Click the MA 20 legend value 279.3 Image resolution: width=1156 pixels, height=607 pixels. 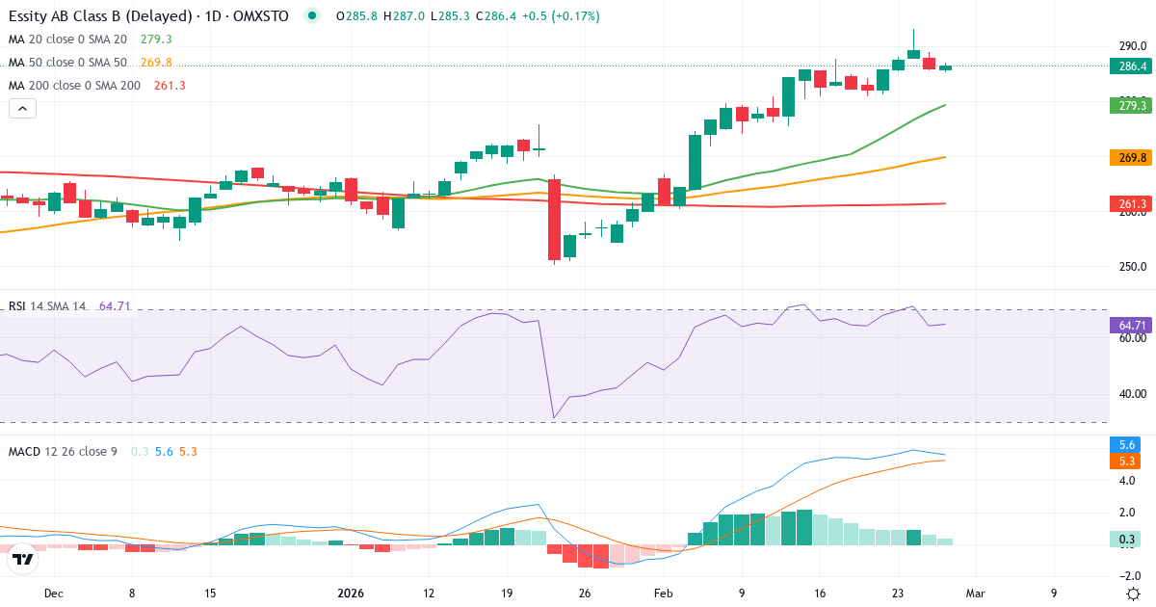[x=156, y=40]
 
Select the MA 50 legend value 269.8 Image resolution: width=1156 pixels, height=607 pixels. [x=156, y=63]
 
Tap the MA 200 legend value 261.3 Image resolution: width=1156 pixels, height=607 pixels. [x=169, y=86]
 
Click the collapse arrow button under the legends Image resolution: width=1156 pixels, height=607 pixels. [x=22, y=109]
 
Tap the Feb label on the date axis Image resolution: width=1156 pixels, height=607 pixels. [x=663, y=594]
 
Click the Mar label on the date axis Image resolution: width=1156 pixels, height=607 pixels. [x=975, y=594]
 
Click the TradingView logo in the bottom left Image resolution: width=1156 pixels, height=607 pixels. [x=23, y=559]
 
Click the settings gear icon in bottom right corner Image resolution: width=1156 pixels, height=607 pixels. [x=1134, y=594]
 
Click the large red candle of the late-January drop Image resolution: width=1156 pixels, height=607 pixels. [x=554, y=219]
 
